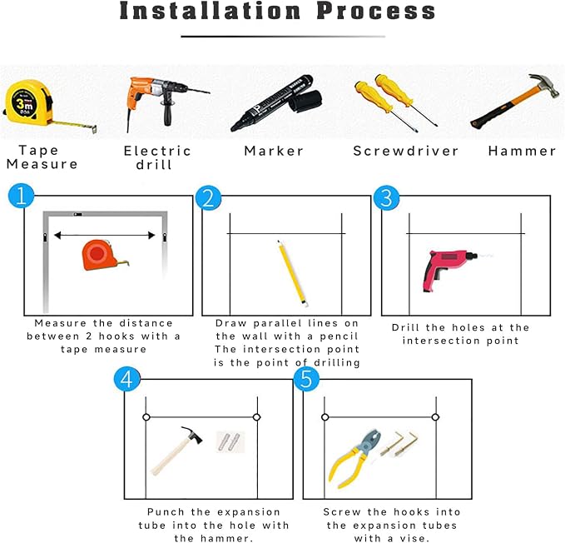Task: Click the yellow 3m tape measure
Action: pyautogui.click(x=28, y=103)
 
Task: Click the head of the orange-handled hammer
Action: pyautogui.click(x=545, y=85)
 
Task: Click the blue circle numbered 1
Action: pyautogui.click(x=22, y=196)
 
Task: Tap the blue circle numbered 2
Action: pyautogui.click(x=208, y=198)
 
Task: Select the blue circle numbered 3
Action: pyautogui.click(x=386, y=197)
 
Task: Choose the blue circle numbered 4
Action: pyautogui.click(x=126, y=379)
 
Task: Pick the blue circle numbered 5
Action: pyautogui.click(x=306, y=379)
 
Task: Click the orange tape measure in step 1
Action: pyautogui.click(x=101, y=255)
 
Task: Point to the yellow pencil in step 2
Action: pyautogui.click(x=292, y=274)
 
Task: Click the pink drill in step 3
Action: pyautogui.click(x=450, y=269)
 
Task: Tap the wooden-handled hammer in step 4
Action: pyautogui.click(x=176, y=451)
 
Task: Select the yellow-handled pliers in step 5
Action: pyautogui.click(x=355, y=458)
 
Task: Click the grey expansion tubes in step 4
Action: pyautogui.click(x=230, y=441)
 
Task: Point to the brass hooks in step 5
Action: pyautogui.click(x=400, y=444)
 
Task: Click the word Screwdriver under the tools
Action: pyautogui.click(x=406, y=151)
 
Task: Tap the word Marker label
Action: pyautogui.click(x=274, y=151)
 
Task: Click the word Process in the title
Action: pyautogui.click(x=376, y=11)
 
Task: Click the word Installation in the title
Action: pyautogui.click(x=210, y=11)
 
